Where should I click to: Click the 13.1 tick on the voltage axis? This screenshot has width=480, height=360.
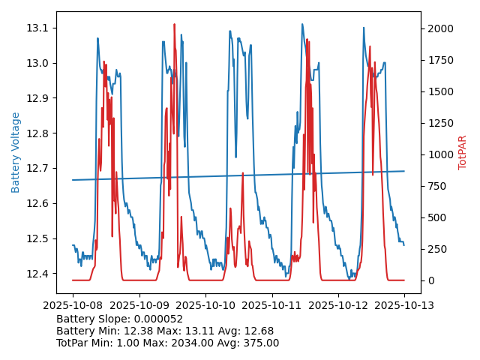39,28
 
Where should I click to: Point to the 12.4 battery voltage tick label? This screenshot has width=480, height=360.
39,274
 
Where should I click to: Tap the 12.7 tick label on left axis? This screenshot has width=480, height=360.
39,169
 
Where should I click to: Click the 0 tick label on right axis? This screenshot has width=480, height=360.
430,280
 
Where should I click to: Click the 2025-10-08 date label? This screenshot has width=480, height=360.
73,305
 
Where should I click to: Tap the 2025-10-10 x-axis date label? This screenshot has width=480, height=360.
205,305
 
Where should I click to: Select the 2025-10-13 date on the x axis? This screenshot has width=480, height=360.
404,305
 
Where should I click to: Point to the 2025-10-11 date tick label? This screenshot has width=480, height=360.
271,305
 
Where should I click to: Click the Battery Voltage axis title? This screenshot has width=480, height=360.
16,152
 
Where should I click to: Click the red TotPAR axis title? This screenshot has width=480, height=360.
462,152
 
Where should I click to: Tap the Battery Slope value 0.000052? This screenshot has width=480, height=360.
157,319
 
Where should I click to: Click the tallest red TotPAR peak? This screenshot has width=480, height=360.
174,25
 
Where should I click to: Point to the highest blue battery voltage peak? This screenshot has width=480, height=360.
302,25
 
